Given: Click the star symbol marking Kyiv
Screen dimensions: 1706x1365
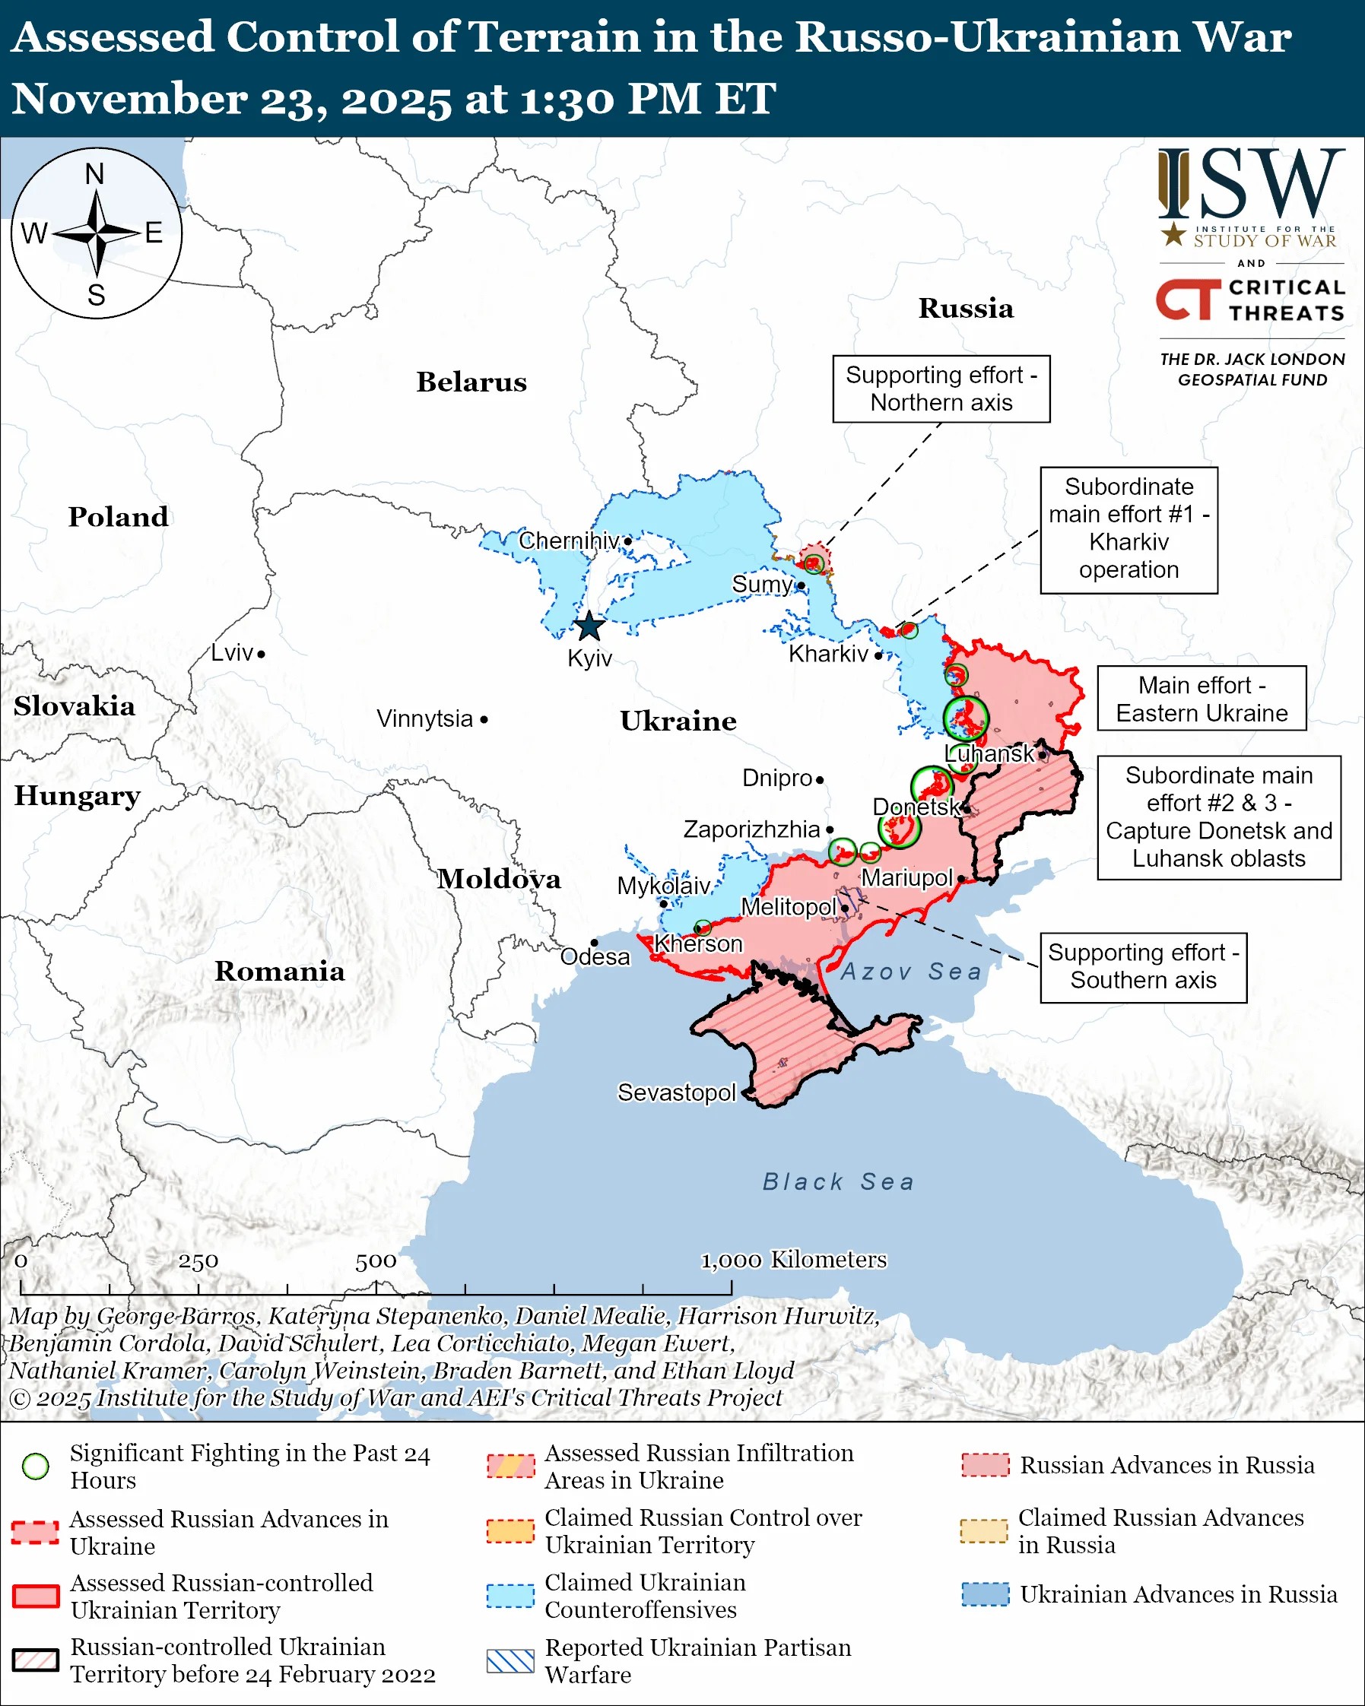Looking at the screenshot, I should point(589,626).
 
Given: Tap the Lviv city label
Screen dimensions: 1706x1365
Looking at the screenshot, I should point(232,653).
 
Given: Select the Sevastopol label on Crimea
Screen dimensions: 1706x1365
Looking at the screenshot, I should point(677,1092).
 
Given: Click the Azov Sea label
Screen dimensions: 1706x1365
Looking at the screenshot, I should point(911,971).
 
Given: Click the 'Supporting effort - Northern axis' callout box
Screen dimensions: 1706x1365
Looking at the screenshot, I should point(941,388).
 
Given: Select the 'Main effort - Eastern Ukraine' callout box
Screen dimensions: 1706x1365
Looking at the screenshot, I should point(1202,699).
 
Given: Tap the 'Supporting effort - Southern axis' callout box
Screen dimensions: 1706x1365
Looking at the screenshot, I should point(1144,966).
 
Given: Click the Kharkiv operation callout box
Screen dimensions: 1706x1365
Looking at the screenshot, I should point(1129,528).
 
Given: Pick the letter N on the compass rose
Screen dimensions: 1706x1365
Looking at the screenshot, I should point(95,174).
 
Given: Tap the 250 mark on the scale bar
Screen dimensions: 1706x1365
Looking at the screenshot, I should point(198,1261).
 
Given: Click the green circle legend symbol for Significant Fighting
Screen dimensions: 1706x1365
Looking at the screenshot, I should point(36,1467).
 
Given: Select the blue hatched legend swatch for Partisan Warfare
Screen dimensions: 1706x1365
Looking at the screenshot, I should point(510,1661).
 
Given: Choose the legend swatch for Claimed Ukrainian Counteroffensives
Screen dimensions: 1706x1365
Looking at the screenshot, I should point(510,1596).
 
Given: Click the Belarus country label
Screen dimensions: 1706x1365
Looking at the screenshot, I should point(471,382).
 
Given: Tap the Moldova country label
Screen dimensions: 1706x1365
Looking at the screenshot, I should point(500,879).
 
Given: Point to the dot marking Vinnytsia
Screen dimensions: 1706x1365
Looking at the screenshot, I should point(484,719).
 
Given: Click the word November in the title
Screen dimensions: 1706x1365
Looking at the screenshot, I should point(129,99).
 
